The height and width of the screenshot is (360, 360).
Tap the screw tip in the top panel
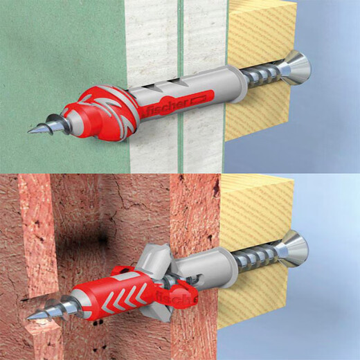tap(33, 129)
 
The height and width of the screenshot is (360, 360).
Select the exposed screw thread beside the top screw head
tap(267, 76)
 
